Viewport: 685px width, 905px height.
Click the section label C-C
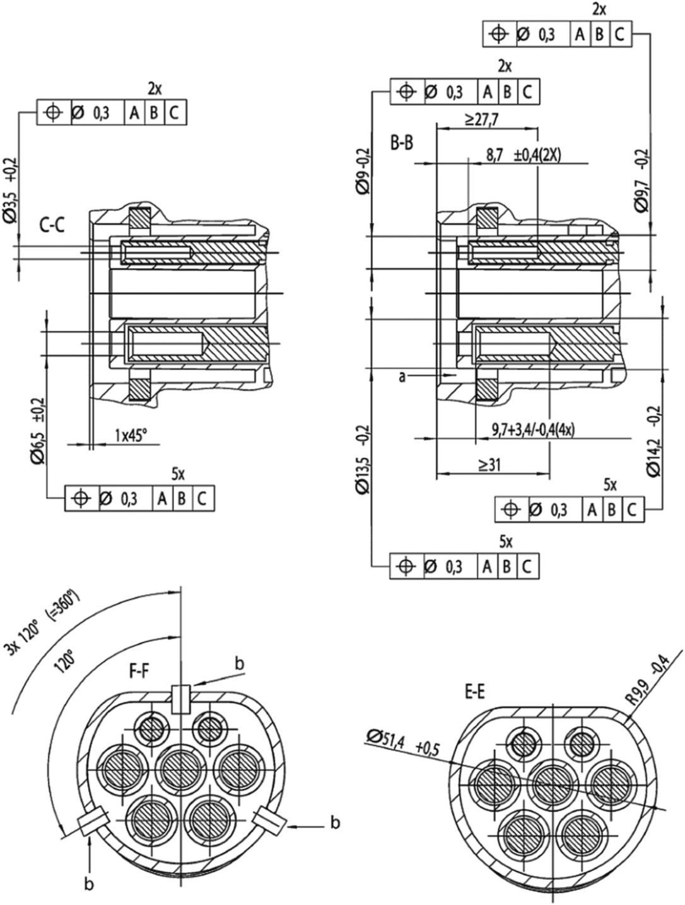pos(52,226)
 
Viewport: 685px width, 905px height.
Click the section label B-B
pos(401,143)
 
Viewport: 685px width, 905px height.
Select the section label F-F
pos(139,672)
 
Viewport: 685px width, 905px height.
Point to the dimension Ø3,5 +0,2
pos(11,190)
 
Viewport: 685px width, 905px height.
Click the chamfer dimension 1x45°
pos(131,435)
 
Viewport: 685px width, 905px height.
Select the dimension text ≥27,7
pos(481,120)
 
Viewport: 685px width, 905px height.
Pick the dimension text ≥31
pos(489,465)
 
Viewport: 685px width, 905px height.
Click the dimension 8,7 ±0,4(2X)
pos(524,155)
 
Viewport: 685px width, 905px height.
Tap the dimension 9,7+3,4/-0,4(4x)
pos(533,431)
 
